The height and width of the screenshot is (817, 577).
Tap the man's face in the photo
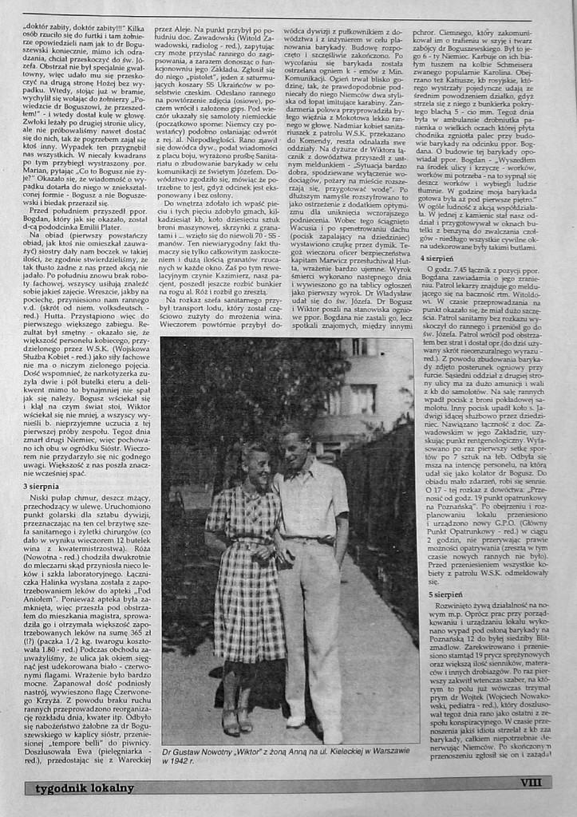pyautogui.click(x=293, y=451)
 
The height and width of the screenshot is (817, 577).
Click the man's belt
pyautogui.click(x=313, y=540)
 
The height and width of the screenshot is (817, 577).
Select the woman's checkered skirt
pyautogui.click(x=247, y=606)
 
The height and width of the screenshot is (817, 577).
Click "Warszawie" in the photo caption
pyautogui.click(x=388, y=752)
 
